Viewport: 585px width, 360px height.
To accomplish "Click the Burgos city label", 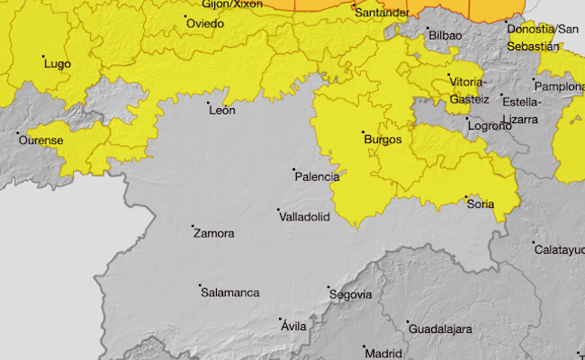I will tap(382, 139).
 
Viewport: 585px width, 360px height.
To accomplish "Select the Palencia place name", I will tap(317, 176).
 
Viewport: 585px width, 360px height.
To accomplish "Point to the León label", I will tap(221, 110).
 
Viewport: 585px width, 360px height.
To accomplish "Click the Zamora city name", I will tap(213, 233).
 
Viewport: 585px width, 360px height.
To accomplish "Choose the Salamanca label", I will tap(230, 292).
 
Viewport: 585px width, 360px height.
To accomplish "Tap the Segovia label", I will tap(351, 294).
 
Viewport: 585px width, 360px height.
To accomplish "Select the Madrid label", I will tap(383, 353).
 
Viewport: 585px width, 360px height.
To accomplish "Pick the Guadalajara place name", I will tap(440, 329).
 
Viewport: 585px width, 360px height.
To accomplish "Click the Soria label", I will tap(481, 204).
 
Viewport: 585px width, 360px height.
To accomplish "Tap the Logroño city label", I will tap(489, 126).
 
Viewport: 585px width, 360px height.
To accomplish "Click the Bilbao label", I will tap(445, 35).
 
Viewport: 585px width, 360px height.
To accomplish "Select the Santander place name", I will tap(382, 13).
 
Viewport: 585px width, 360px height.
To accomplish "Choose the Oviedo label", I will tap(205, 23).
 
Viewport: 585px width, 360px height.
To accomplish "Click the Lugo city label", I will tap(57, 64).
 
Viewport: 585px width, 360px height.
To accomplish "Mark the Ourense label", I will tap(40, 140).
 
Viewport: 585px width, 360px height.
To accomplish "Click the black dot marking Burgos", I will tap(363, 132).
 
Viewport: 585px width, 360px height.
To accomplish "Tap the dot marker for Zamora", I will tap(193, 226).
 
